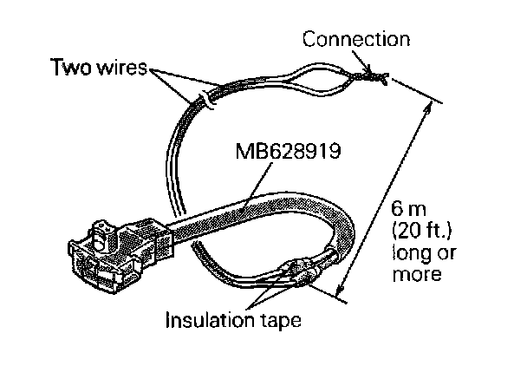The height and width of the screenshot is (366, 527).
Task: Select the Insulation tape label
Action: (233, 321)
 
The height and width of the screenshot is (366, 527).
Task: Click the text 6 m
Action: (406, 210)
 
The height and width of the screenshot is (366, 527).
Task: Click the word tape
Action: (281, 322)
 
